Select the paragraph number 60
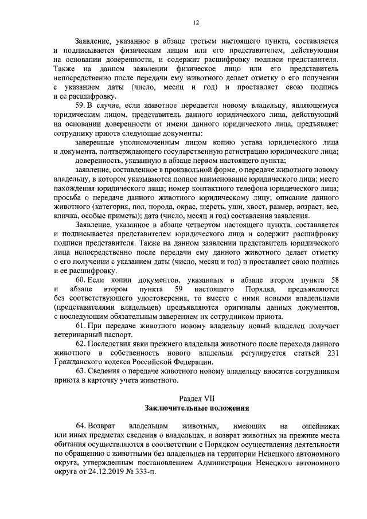click(x=81, y=279)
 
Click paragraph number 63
click(x=81, y=372)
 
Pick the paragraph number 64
click(x=81, y=427)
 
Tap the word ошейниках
click(x=320, y=427)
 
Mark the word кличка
click(x=67, y=217)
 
